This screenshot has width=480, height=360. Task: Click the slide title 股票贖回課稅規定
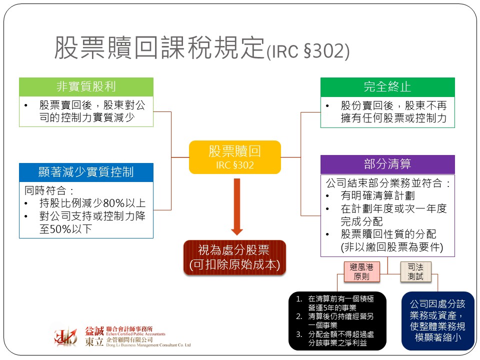click(x=159, y=48)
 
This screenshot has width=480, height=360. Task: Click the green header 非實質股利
click(x=86, y=87)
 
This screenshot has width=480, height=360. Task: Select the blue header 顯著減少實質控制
click(x=86, y=172)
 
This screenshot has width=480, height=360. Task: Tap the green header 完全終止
click(x=387, y=87)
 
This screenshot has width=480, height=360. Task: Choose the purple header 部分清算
click(x=387, y=164)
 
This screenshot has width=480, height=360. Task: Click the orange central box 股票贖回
click(x=234, y=157)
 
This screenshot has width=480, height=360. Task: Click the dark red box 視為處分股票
click(x=234, y=257)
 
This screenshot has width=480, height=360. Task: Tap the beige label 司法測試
click(x=415, y=272)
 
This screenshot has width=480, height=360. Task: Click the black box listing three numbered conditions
click(x=337, y=320)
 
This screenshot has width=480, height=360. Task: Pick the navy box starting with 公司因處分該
click(x=437, y=320)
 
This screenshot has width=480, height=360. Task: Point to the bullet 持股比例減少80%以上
click(x=92, y=203)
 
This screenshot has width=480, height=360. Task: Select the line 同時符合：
click(x=49, y=190)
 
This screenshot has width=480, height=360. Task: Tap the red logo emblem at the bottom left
click(x=66, y=336)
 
